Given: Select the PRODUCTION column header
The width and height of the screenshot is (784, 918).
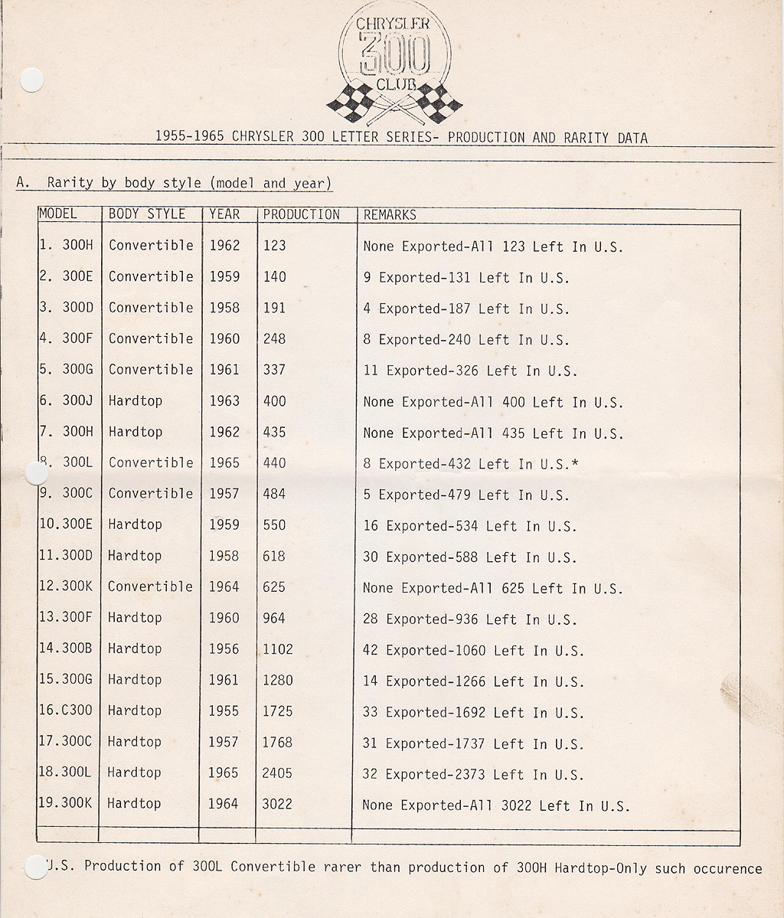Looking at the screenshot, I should (x=301, y=214).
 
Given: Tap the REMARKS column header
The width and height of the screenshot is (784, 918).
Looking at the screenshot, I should (x=390, y=215).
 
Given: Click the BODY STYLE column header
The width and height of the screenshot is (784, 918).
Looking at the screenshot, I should (x=147, y=214).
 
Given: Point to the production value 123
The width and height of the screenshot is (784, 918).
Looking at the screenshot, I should (x=274, y=246).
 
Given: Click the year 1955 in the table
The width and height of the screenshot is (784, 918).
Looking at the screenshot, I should (x=224, y=711).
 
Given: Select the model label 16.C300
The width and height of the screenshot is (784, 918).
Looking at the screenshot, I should (x=65, y=711).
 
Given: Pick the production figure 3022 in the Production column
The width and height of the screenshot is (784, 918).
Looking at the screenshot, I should (x=277, y=804).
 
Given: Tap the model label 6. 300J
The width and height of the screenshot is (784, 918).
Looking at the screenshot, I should (x=65, y=400).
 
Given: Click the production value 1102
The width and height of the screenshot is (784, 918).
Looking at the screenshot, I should (x=277, y=649).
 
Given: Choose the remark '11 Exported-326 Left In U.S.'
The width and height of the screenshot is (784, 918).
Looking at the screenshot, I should (x=470, y=371).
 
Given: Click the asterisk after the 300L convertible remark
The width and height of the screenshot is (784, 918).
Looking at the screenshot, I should (x=574, y=463).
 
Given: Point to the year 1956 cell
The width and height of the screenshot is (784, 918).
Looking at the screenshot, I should (x=224, y=648).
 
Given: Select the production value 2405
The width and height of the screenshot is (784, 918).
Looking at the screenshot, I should (x=277, y=773).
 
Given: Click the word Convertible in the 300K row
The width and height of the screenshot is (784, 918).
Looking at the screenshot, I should (x=150, y=586).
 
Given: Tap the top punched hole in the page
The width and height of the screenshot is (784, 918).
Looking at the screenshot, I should (x=31, y=80).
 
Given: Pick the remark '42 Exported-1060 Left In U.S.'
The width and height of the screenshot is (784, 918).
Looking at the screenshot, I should (x=473, y=651).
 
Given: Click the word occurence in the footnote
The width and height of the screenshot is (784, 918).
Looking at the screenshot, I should (x=727, y=868).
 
